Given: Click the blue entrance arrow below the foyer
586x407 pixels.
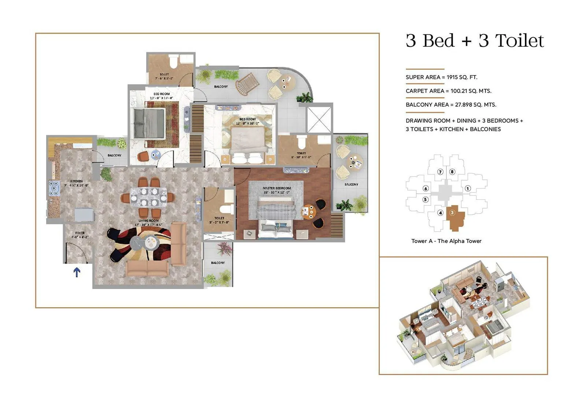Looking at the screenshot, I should (x=77, y=272).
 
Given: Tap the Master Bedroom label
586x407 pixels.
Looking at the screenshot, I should (x=277, y=188).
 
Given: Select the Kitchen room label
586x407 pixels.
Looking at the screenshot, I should (x=77, y=181).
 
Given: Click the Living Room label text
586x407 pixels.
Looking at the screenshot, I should (x=148, y=221).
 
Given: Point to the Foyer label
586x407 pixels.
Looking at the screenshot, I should (x=80, y=233).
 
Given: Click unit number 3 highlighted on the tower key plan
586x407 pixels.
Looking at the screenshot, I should (x=452, y=212).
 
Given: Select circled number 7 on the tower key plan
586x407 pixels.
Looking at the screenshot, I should (x=440, y=172).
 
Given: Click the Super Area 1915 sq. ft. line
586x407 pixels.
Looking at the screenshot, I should (x=441, y=77).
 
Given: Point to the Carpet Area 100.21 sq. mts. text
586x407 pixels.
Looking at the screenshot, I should (x=448, y=91).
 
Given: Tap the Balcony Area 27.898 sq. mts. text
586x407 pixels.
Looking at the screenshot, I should (x=451, y=104).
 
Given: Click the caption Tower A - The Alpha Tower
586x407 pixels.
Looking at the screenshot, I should (x=446, y=241).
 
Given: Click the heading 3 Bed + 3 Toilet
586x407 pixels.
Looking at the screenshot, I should (x=475, y=41).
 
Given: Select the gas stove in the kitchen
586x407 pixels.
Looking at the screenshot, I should (x=54, y=188).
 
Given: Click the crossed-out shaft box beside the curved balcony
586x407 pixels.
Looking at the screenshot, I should (x=319, y=119).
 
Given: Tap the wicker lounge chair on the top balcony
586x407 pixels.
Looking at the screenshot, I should (x=247, y=83).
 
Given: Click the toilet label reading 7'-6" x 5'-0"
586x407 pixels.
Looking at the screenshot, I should (x=164, y=76).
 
